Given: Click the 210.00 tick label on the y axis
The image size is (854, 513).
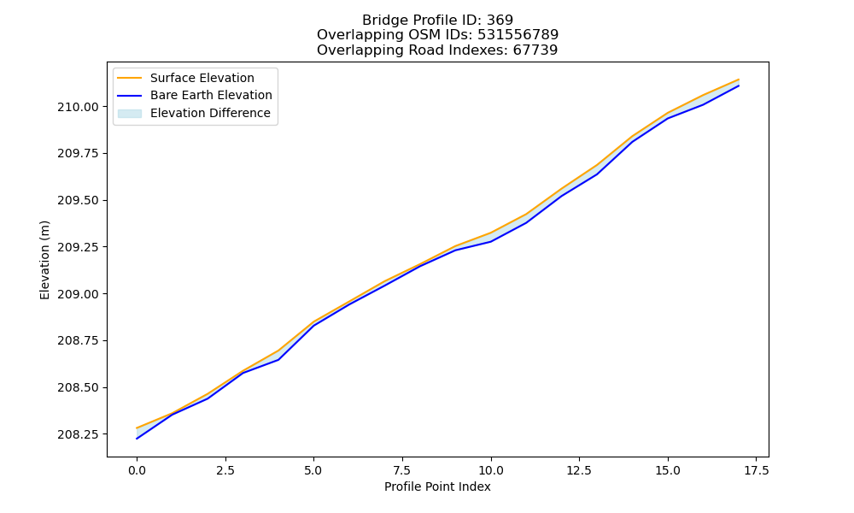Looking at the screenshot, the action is [79, 107].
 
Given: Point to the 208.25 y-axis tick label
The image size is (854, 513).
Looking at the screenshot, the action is [79, 434].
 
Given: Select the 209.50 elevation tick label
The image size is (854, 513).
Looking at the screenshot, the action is [79, 201].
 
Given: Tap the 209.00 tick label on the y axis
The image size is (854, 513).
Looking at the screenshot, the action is [79, 294].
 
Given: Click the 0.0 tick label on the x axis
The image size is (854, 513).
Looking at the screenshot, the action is [137, 470].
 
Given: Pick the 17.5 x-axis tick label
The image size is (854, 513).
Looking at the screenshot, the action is [757, 470].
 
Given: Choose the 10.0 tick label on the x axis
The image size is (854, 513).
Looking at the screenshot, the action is [491, 470].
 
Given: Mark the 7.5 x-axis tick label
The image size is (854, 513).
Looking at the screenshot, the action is [402, 470].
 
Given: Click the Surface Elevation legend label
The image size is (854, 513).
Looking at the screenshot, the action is [202, 78].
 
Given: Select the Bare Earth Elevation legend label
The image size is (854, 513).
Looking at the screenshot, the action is [211, 95].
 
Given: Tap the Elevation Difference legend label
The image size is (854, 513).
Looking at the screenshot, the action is [210, 113].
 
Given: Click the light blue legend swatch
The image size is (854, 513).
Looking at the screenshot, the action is [130, 114].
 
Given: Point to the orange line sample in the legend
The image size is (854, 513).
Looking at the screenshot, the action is [130, 78].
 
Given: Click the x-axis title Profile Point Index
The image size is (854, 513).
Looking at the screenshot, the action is [437, 486].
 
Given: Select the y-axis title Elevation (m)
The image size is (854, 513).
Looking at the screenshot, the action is [44, 260].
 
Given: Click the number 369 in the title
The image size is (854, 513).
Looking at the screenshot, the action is [500, 21].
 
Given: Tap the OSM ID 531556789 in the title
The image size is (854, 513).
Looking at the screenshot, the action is [518, 35].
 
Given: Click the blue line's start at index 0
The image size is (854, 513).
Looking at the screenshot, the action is [137, 439].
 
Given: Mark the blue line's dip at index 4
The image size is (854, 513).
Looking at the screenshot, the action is [278, 360].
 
